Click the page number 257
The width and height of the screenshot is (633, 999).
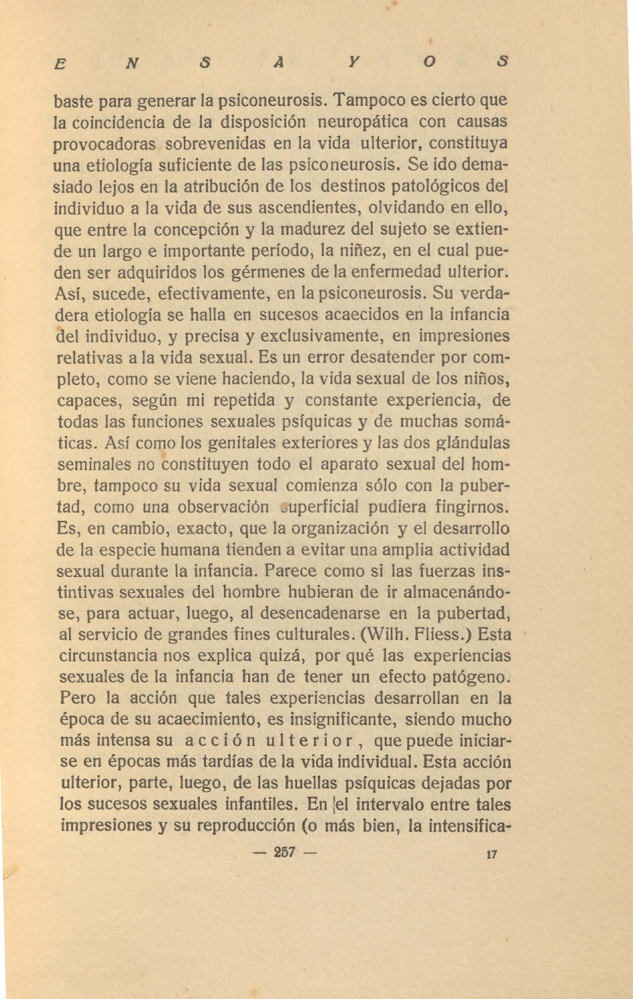pyautogui.click(x=284, y=853)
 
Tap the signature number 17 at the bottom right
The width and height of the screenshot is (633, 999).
pyautogui.click(x=492, y=854)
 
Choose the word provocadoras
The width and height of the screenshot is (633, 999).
pyautogui.click(x=105, y=144)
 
